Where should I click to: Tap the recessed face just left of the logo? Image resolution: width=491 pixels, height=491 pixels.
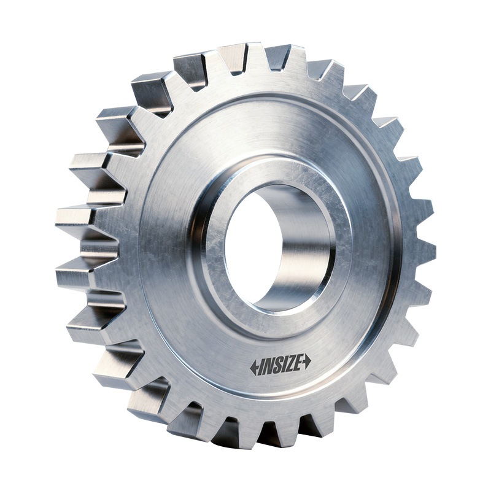[215, 356]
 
